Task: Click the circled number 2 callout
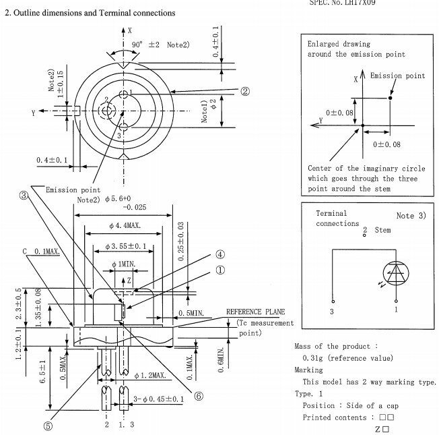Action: click(x=245, y=91)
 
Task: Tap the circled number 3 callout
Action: click(x=24, y=196)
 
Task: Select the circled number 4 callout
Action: click(x=220, y=254)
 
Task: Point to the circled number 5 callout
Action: click(x=48, y=426)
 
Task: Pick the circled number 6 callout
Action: click(x=199, y=396)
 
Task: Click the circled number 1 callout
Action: click(x=220, y=270)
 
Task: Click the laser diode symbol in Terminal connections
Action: click(x=396, y=273)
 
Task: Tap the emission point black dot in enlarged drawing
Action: click(x=390, y=98)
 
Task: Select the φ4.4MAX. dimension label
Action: click(x=125, y=225)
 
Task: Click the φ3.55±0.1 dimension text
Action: click(x=126, y=246)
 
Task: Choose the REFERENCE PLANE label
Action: click(x=255, y=312)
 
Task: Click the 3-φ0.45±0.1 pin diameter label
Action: click(x=158, y=399)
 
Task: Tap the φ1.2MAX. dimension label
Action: click(x=150, y=375)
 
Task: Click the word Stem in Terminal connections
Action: click(x=382, y=230)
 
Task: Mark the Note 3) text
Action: click(x=411, y=216)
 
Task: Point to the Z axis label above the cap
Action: click(x=129, y=280)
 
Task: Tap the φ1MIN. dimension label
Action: click(x=123, y=264)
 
